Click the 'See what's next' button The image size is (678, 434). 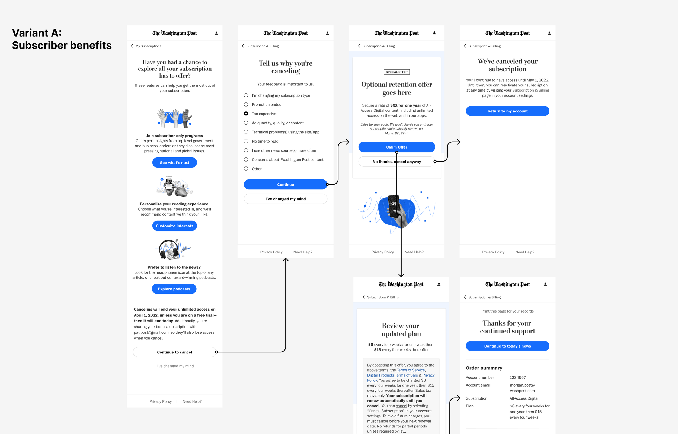pyautogui.click(x=174, y=163)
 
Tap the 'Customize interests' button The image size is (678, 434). pyautogui.click(x=174, y=226)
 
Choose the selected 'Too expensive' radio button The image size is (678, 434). pyautogui.click(x=246, y=114)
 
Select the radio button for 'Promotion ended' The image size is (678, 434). pyautogui.click(x=246, y=105)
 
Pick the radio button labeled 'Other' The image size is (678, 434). pyautogui.click(x=246, y=169)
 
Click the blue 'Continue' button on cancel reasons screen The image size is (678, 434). pyautogui.click(x=285, y=185)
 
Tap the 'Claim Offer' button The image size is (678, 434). pyautogui.click(x=396, y=147)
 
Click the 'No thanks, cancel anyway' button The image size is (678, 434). pyautogui.click(x=396, y=162)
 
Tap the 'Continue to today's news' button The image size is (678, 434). pyautogui.click(x=507, y=346)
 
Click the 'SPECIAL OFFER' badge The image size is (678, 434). pyautogui.click(x=396, y=72)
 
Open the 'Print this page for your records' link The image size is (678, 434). pyautogui.click(x=507, y=311)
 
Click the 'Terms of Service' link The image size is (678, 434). pyautogui.click(x=411, y=370)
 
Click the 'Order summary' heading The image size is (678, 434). pyautogui.click(x=484, y=368)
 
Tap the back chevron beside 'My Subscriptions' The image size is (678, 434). pyautogui.click(x=132, y=46)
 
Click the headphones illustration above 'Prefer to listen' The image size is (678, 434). pyautogui.click(x=172, y=249)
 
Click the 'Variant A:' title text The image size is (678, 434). pyautogui.click(x=37, y=33)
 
